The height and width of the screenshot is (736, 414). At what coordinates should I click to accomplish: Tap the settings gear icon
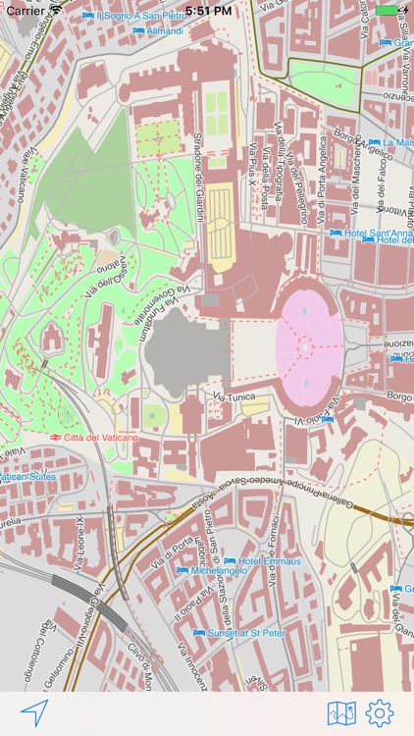tap(380, 712)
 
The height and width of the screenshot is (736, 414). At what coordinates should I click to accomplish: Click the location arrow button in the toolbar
tap(34, 712)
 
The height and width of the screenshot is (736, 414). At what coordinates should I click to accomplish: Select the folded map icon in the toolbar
tap(341, 712)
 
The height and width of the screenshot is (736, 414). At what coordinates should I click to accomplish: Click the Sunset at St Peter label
tap(239, 634)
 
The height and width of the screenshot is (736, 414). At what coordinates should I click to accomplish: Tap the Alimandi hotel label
tap(158, 31)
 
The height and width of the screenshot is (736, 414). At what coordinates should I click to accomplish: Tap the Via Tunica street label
tap(234, 397)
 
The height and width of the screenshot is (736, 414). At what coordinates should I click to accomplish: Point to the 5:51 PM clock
tap(207, 10)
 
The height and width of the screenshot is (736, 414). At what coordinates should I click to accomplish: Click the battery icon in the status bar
tap(389, 10)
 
